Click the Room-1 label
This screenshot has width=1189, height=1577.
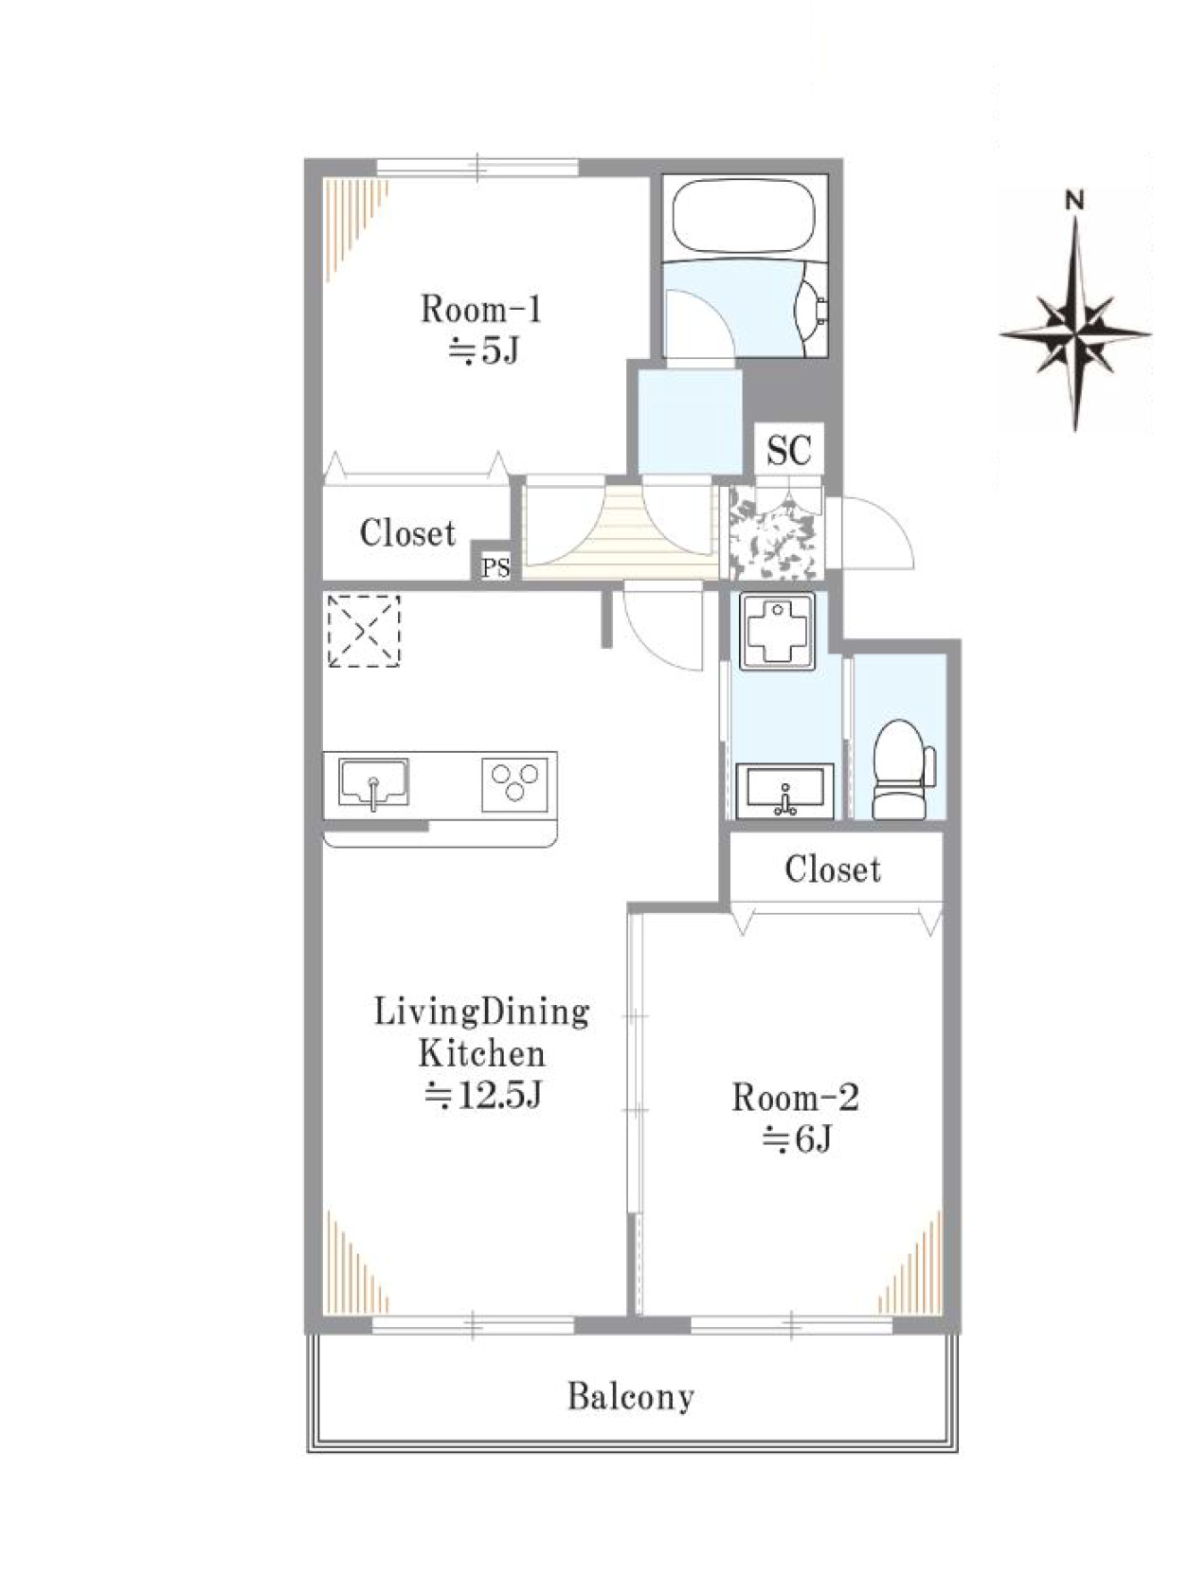click(x=480, y=310)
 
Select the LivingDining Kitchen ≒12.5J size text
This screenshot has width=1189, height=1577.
click(x=481, y=1097)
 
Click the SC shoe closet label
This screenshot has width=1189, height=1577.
click(x=789, y=451)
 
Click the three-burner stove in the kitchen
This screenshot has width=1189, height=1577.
click(x=514, y=784)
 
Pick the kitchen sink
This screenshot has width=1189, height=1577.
click(x=373, y=784)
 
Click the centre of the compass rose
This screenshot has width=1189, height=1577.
click(x=1074, y=334)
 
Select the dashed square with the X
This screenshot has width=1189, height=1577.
click(x=364, y=631)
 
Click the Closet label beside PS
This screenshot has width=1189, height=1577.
click(x=407, y=533)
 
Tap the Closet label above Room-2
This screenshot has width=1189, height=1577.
click(x=832, y=869)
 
